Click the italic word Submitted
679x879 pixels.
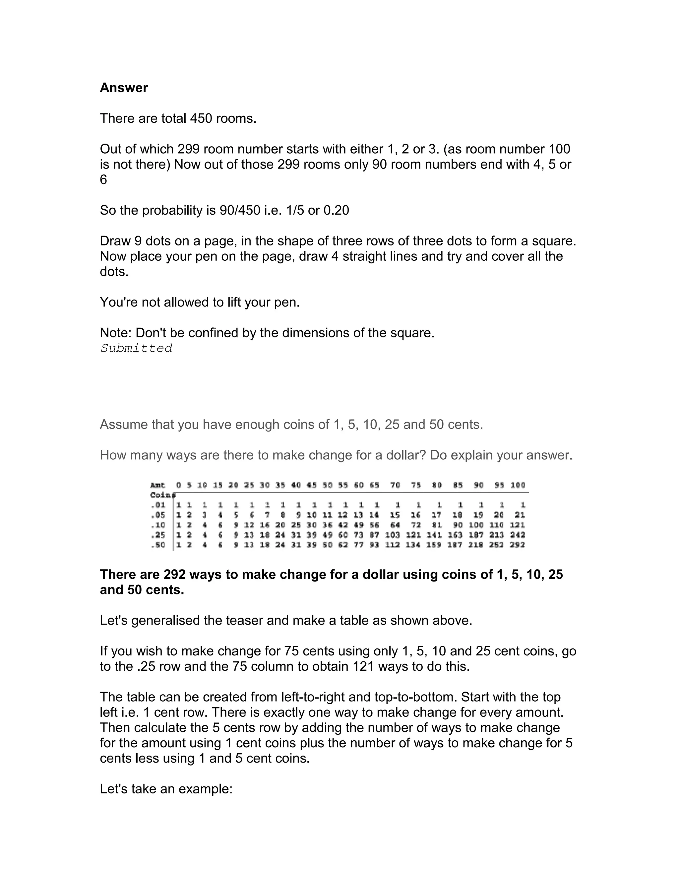[136, 348]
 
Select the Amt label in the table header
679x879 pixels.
[158, 485]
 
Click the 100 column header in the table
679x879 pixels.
[518, 485]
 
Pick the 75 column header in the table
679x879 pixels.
[416, 485]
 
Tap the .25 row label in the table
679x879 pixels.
[158, 535]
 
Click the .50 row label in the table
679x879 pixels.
[158, 545]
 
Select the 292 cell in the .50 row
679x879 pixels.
[518, 545]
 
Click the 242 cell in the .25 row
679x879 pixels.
[518, 535]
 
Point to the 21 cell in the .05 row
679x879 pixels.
[520, 515]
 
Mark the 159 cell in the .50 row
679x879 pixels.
[434, 545]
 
